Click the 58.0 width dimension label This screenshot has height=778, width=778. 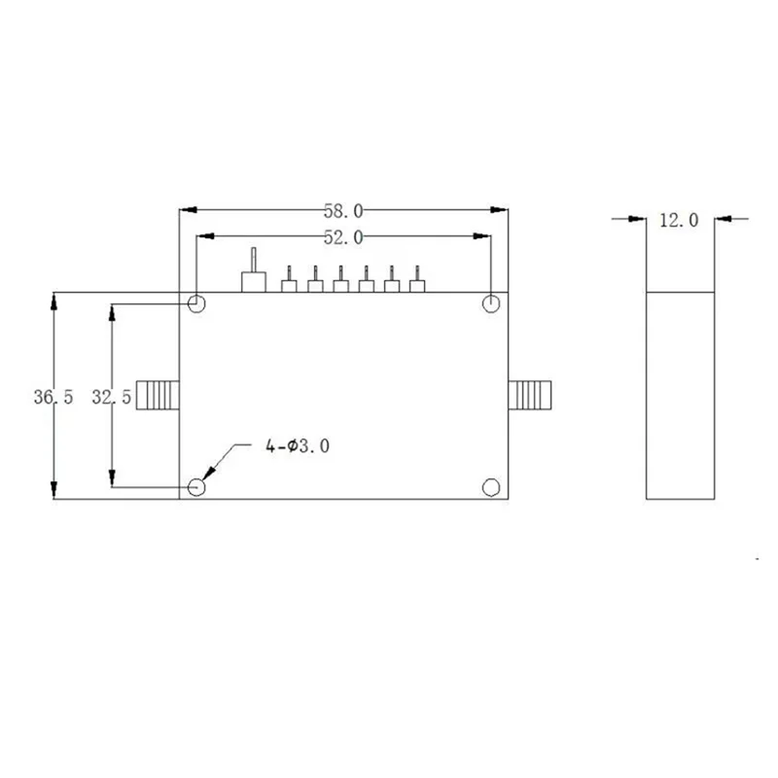pos(342,209)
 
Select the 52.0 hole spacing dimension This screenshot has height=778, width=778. pos(342,236)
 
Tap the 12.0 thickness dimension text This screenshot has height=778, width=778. pos(679,220)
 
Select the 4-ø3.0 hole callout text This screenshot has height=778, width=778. pos(298,446)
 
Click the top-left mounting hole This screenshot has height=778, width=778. pos(196,303)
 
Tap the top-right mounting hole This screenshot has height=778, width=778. pos(492,303)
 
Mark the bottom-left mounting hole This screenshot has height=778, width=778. pos(196,486)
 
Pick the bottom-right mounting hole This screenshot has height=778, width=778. pos(492,486)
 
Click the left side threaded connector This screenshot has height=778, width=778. pos(158,395)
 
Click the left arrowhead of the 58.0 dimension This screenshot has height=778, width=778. pos(187,209)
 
